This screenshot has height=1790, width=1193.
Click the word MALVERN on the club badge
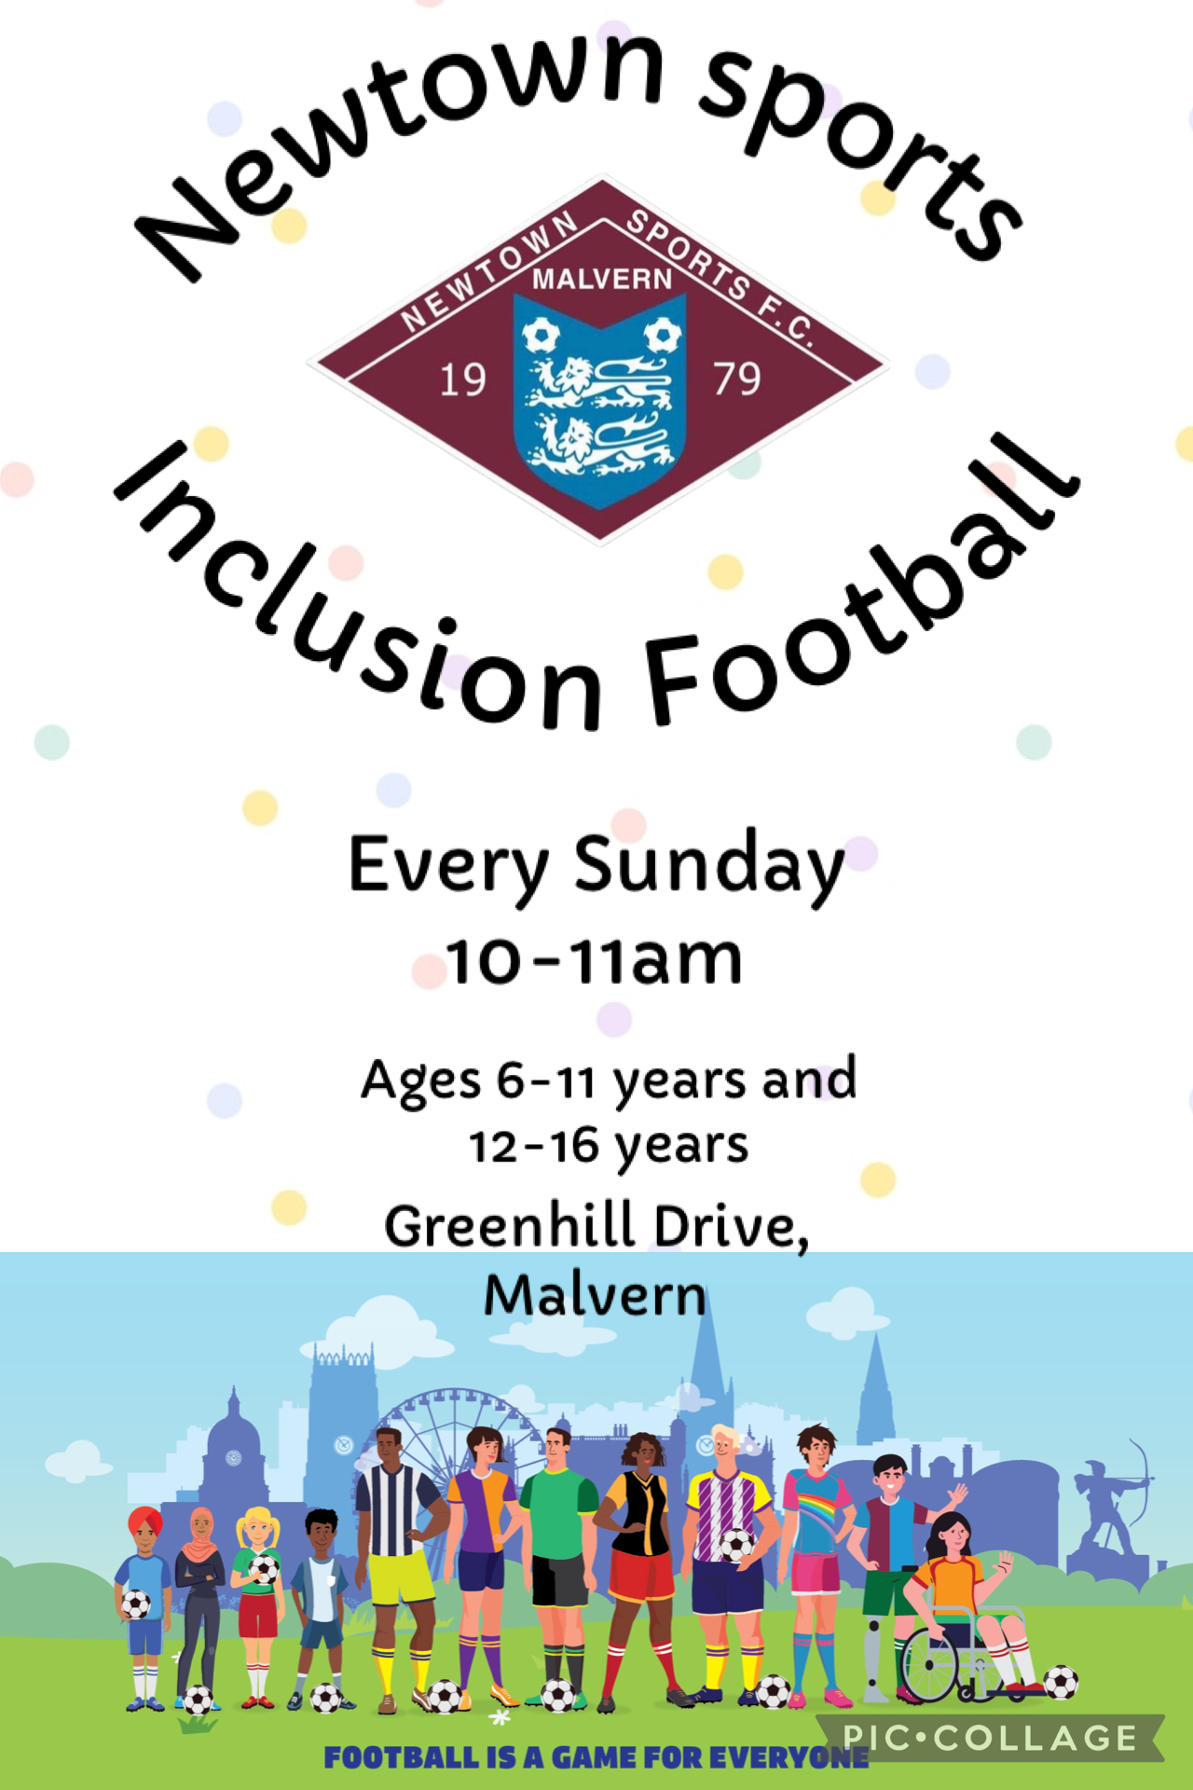(x=602, y=279)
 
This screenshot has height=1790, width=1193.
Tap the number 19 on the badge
(x=462, y=380)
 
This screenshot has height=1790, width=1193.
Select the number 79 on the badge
(x=737, y=379)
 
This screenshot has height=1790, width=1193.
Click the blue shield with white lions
(x=600, y=399)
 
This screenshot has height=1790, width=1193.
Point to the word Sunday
(x=708, y=867)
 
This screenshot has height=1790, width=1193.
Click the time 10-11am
(x=594, y=960)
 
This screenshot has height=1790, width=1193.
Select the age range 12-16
(x=534, y=1147)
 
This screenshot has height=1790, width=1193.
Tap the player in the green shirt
(x=556, y=1566)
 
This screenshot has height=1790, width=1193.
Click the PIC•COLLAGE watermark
(x=990, y=1738)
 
